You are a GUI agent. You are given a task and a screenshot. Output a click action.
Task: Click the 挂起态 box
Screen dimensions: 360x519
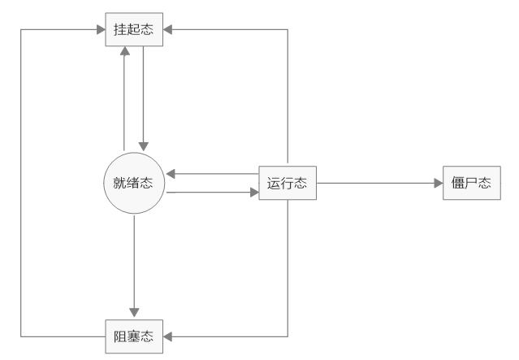pyautogui.click(x=134, y=31)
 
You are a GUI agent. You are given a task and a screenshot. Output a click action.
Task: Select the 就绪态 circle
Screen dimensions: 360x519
pyautogui.click(x=134, y=184)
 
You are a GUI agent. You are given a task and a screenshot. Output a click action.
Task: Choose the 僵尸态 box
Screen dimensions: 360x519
pyautogui.click(x=471, y=184)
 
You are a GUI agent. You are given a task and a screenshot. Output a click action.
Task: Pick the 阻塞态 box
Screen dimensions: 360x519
pyautogui.click(x=134, y=335)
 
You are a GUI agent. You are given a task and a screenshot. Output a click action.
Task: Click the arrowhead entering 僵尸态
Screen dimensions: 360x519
pyautogui.click(x=437, y=184)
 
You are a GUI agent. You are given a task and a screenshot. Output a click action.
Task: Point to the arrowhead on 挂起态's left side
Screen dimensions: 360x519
pyautogui.click(x=100, y=31)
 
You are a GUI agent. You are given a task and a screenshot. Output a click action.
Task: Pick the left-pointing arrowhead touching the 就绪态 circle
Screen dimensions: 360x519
pyautogui.click(x=171, y=174)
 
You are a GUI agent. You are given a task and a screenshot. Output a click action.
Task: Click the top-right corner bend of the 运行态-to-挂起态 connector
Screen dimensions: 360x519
pyautogui.click(x=288, y=31)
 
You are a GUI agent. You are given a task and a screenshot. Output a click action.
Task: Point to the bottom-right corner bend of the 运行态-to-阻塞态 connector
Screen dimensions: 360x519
pyautogui.click(x=288, y=335)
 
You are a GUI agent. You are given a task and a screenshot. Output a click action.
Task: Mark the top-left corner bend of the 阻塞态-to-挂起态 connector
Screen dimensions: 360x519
pyautogui.click(x=21, y=31)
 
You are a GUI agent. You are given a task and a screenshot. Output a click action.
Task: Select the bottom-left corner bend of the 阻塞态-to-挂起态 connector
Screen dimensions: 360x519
pyautogui.click(x=21, y=335)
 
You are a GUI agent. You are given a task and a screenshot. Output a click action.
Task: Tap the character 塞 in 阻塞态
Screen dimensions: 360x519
pyautogui.click(x=134, y=335)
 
